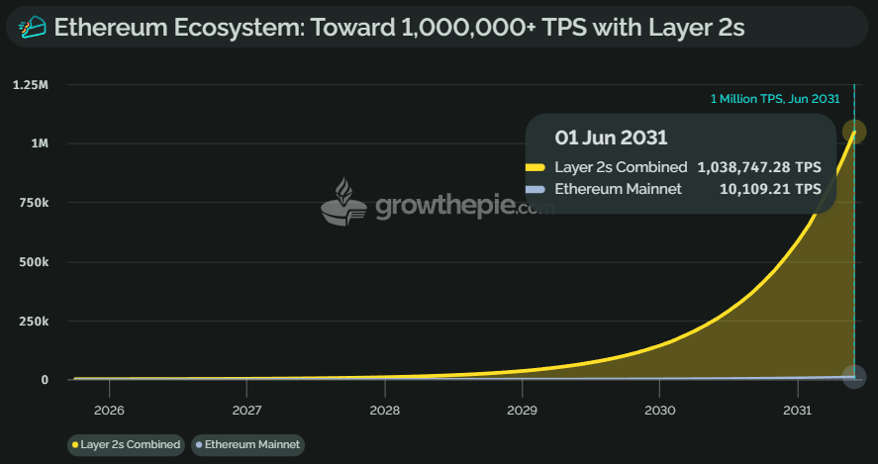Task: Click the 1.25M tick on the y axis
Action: (31, 84)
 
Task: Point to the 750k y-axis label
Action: (34, 203)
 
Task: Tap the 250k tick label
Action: (34, 322)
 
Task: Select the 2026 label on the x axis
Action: (109, 411)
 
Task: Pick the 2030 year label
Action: (659, 411)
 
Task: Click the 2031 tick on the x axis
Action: (798, 411)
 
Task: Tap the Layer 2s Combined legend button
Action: (126, 444)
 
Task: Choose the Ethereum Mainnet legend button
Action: (247, 444)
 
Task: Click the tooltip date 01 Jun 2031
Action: (611, 138)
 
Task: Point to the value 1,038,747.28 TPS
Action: (758, 167)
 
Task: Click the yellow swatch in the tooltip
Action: (535, 167)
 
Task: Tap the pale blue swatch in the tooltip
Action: (535, 188)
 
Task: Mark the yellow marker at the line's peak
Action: (853, 132)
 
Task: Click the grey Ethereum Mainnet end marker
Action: (853, 376)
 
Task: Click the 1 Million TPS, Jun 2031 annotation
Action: (775, 98)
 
